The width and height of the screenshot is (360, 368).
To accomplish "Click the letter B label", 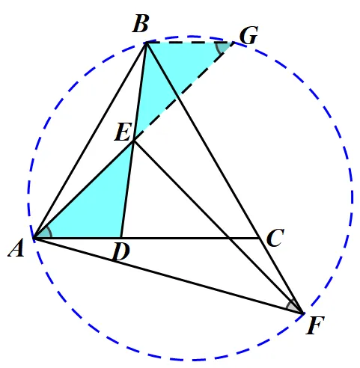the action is pyautogui.click(x=141, y=24).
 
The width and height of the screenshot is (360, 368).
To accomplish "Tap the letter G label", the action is pyautogui.click(x=248, y=35).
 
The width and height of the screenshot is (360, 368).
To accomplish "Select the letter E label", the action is pyautogui.click(x=123, y=132).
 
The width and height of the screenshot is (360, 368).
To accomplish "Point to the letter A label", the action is pyautogui.click(x=16, y=248).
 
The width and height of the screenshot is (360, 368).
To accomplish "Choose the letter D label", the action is pyautogui.click(x=121, y=252).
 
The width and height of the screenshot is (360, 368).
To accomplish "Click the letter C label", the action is pyautogui.click(x=275, y=238).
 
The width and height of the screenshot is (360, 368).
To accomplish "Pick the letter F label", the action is pyautogui.click(x=315, y=325).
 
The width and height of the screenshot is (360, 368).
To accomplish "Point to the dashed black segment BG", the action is pyautogui.click(x=189, y=43).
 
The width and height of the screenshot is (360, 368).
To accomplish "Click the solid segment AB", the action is pyautogui.click(x=90, y=141).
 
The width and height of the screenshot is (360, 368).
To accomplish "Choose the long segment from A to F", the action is pyautogui.click(x=168, y=275).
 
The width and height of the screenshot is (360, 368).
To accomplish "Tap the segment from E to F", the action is pyautogui.click(x=219, y=227).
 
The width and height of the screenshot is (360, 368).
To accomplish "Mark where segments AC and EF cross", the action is pyautogui.click(x=230, y=239).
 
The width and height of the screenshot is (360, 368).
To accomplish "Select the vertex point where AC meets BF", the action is pyautogui.click(x=259, y=239).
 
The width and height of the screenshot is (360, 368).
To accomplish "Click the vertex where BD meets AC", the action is pyautogui.click(x=121, y=238).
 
